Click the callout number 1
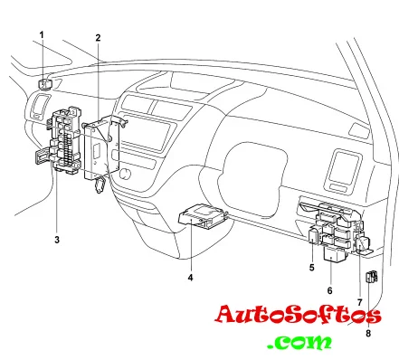[42, 35]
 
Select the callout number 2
[98, 38]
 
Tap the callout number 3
[57, 240]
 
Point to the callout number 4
[190, 278]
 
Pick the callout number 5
[312, 267]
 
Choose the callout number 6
[329, 290]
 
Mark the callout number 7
[359, 302]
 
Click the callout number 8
[368, 333]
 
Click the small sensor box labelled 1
[45, 84]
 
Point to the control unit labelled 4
[202, 215]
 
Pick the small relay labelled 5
[313, 235]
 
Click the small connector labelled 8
[372, 277]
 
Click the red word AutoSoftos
[298, 315]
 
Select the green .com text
[299, 342]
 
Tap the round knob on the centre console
[125, 174]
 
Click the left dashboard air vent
[40, 107]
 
